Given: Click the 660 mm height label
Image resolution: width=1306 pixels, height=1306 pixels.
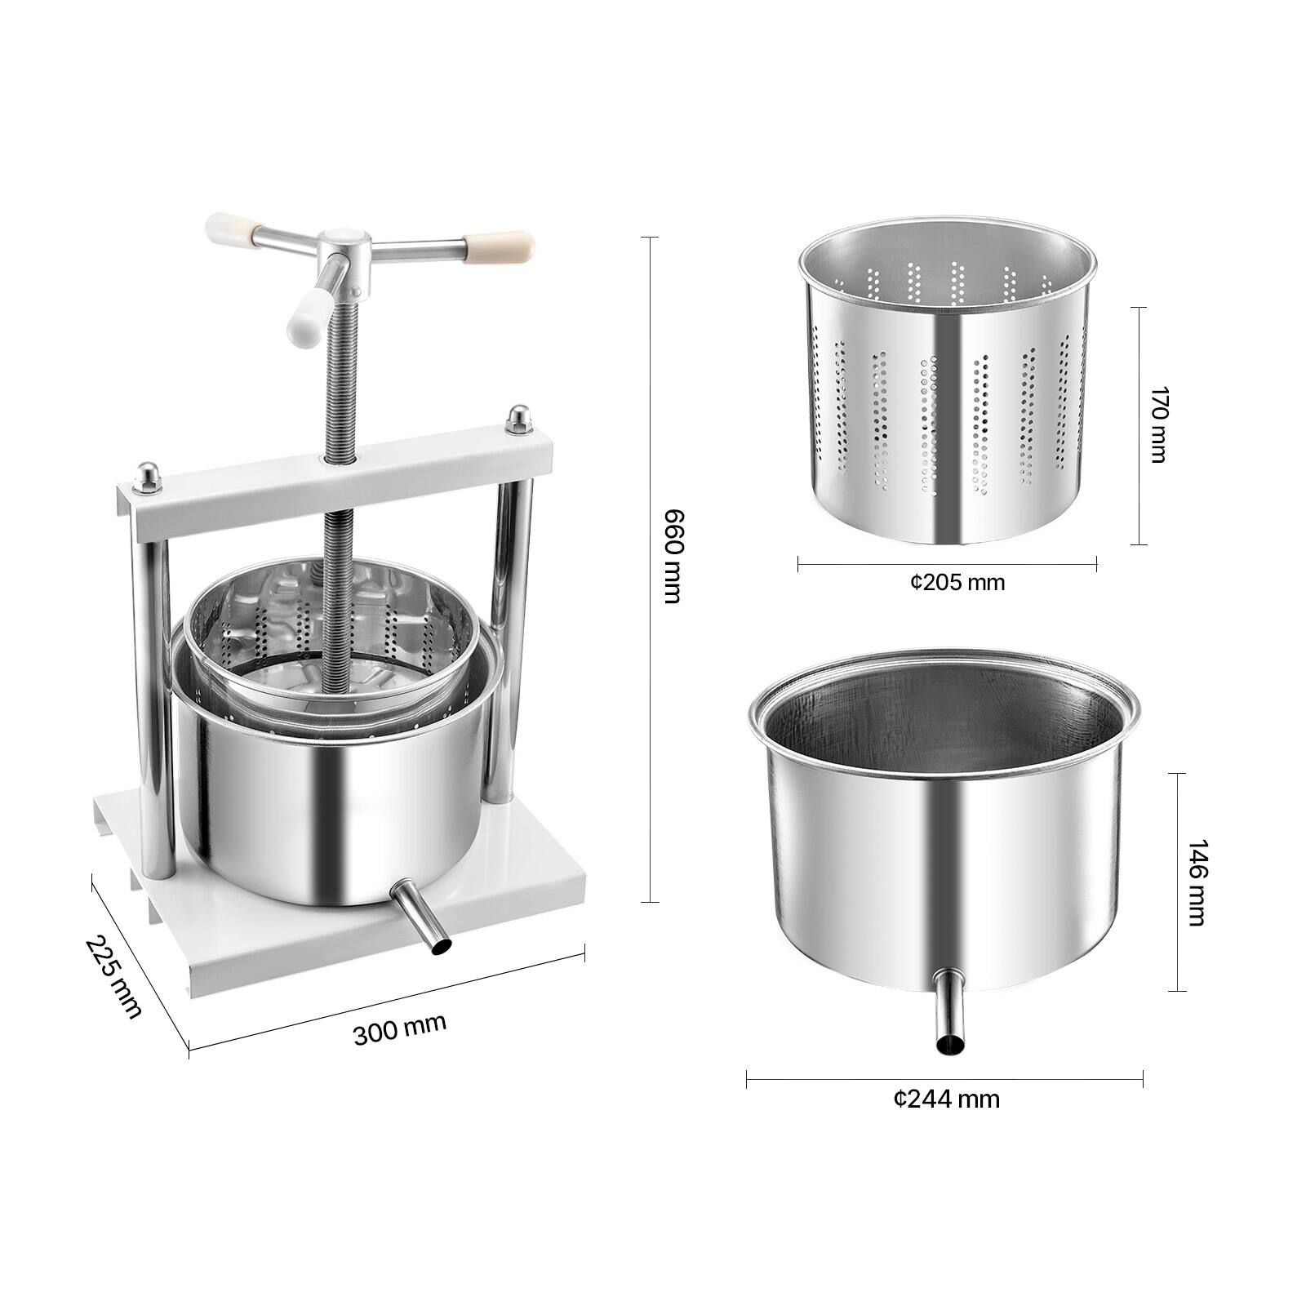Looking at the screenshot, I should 671,556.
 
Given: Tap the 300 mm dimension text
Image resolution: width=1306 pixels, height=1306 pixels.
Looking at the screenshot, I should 399,1029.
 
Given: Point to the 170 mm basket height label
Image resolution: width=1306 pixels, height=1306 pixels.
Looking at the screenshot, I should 1157,425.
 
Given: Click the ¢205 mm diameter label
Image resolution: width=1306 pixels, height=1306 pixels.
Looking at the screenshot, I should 957,582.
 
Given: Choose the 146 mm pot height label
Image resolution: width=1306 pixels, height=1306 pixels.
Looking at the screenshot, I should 1195,882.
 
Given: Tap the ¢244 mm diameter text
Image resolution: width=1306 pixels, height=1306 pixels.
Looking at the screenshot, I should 946,1099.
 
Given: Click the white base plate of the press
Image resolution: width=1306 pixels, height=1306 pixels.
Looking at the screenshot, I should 343,939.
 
